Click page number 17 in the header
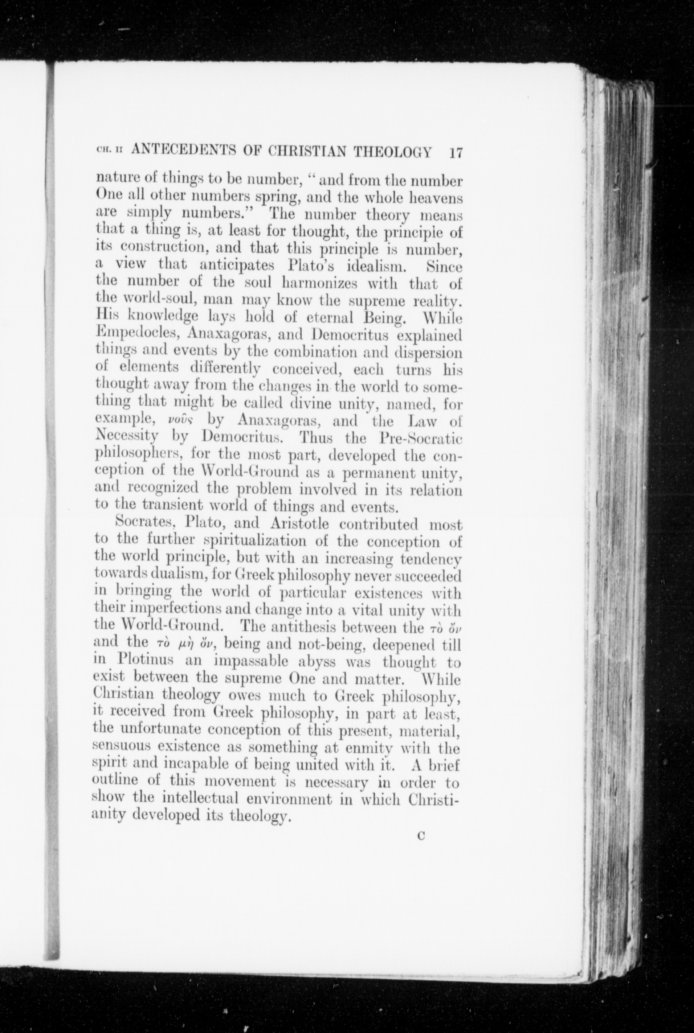456,153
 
